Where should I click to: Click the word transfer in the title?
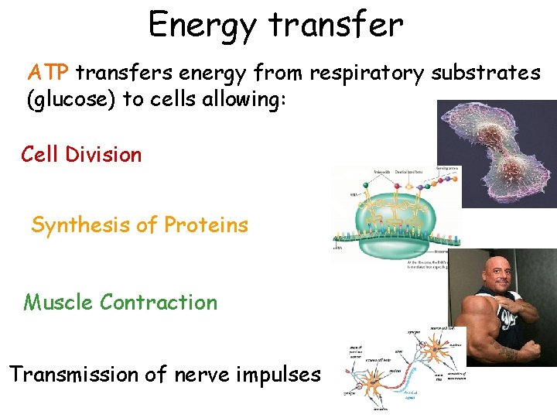pos(336,25)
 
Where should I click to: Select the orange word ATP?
pos(49,74)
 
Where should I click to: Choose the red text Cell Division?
pos(81,154)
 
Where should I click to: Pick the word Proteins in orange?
pos(207,225)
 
